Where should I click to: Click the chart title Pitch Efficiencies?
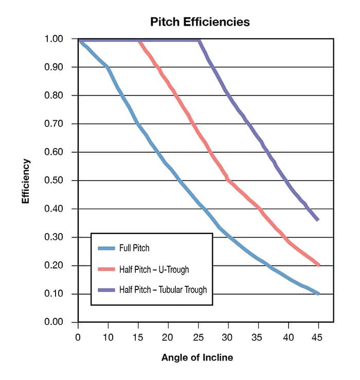pos(200,22)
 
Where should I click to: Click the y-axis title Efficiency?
pos(26,181)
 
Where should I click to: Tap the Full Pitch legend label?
pos(131,248)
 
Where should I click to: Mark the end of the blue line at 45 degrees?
pos(318,294)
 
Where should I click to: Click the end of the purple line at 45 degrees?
pos(318,220)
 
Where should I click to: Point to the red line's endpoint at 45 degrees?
pos(318,265)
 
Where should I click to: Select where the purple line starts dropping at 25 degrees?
pos(199,40)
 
